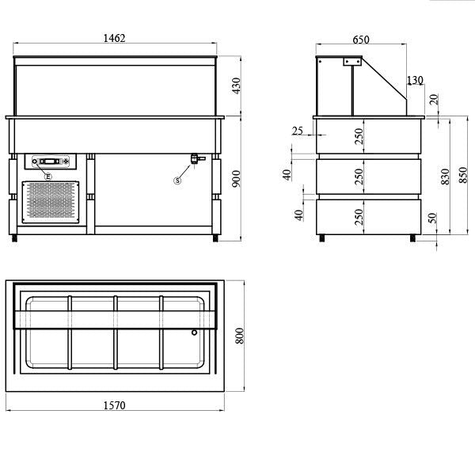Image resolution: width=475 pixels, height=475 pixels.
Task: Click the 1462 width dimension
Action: (x=115, y=38)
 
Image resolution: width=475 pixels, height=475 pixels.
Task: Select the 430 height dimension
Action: (x=235, y=86)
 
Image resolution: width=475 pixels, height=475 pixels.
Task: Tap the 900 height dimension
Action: (x=235, y=180)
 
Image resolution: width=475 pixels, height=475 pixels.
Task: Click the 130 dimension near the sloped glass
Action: (x=414, y=81)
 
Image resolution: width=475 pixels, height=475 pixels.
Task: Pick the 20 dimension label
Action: (x=432, y=99)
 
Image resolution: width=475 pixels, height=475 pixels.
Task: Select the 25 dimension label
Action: (x=297, y=131)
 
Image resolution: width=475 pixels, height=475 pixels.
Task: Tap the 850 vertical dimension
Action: (x=463, y=177)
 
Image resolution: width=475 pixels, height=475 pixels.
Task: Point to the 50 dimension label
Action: (x=431, y=218)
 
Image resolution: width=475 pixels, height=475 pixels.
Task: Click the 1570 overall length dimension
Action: (x=115, y=405)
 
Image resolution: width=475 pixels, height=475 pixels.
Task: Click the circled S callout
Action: (x=177, y=180)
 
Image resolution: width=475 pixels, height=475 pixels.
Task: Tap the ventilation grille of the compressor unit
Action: (x=51, y=201)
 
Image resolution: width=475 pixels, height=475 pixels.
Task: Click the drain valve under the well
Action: (x=193, y=160)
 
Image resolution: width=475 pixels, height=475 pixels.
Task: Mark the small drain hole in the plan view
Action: (x=193, y=332)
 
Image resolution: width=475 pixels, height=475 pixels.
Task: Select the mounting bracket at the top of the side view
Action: (x=351, y=62)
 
